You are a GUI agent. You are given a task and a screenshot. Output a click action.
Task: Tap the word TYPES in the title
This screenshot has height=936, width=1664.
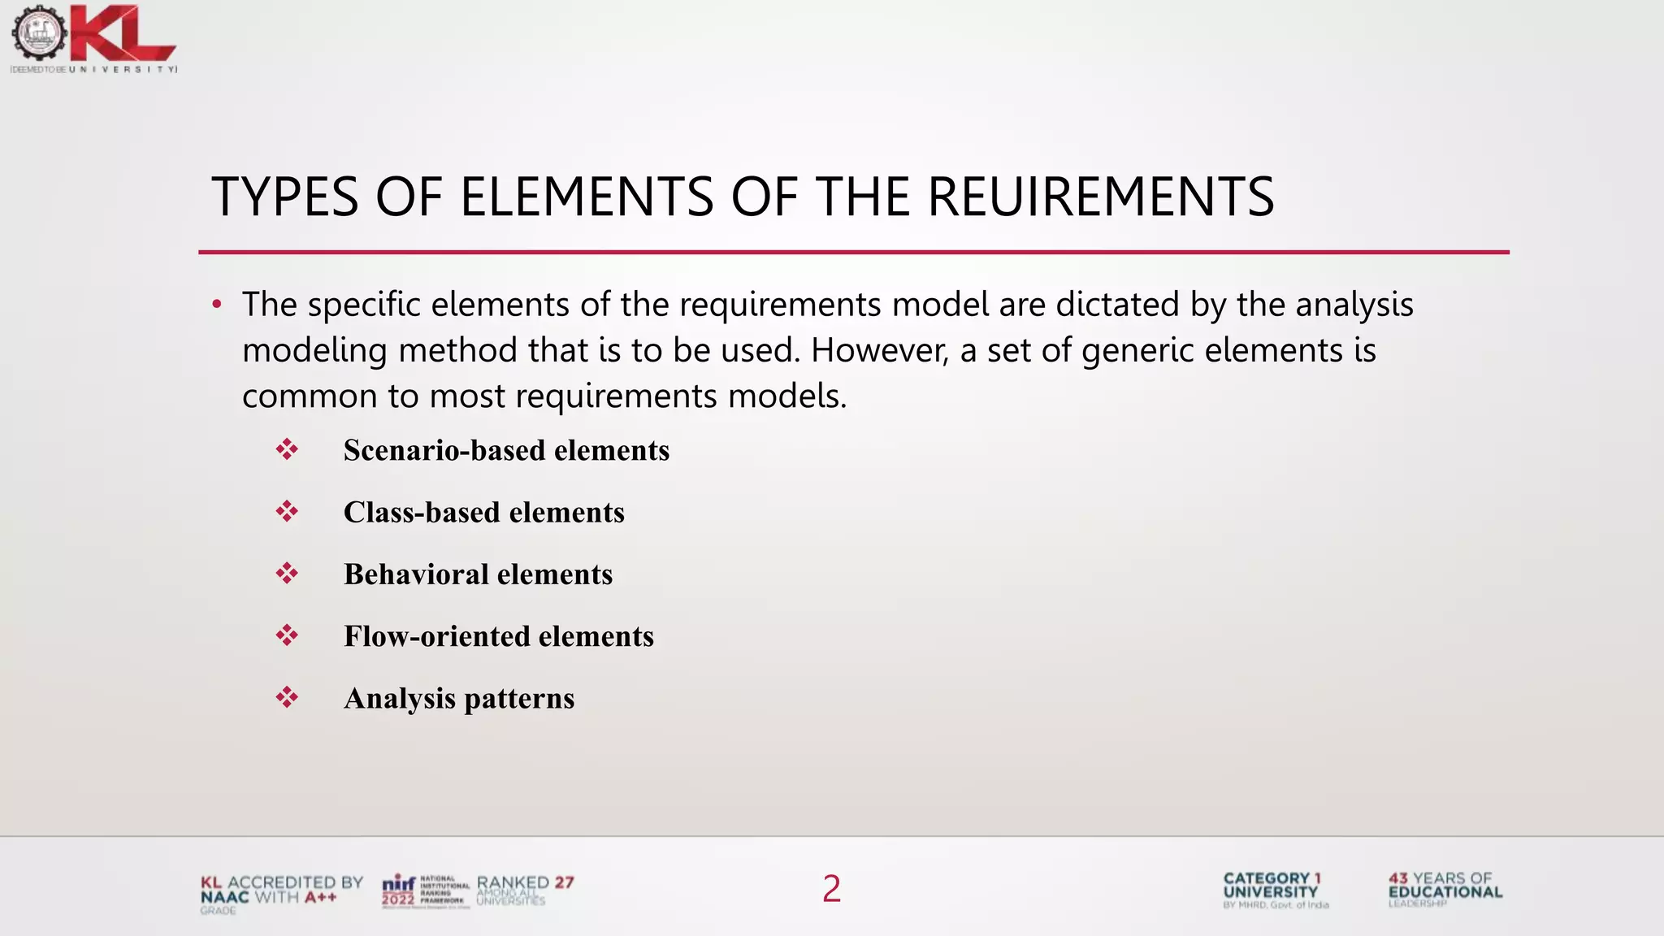point(285,197)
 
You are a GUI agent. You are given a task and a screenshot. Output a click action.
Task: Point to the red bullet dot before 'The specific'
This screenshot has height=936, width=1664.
point(216,305)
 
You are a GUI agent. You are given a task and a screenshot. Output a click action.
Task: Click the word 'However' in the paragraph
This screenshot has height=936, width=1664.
point(879,351)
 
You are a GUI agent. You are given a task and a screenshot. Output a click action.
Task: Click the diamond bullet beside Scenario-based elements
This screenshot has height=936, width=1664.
point(287,449)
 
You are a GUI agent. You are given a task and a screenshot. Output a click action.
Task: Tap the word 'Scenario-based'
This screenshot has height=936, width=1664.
point(434,450)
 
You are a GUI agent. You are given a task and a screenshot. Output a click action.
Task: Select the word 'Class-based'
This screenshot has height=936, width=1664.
point(422,513)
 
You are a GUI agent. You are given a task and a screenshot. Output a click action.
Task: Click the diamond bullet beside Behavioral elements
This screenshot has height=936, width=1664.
point(287,574)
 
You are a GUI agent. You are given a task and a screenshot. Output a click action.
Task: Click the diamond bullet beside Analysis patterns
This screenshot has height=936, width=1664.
point(287,697)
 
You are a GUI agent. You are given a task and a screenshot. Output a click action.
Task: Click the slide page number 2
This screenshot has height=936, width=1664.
point(831,889)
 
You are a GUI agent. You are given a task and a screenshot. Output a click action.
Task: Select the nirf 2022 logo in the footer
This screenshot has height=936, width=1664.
point(399,890)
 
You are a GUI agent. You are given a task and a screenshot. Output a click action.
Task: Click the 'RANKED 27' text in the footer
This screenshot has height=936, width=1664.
point(525,883)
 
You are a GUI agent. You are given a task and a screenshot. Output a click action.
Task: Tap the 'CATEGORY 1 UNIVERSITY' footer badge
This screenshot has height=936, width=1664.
point(1272,886)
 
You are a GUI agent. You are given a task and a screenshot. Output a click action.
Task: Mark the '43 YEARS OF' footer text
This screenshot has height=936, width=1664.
point(1440,878)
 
